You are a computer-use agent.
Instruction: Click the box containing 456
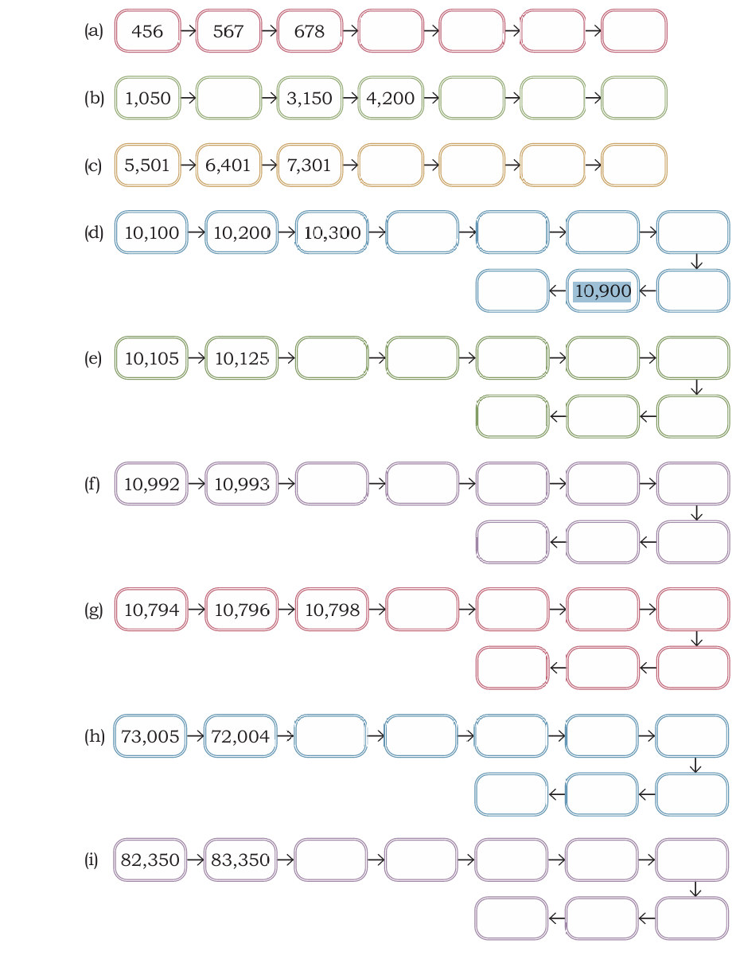[x=147, y=31]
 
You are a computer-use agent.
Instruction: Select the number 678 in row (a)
[x=309, y=31]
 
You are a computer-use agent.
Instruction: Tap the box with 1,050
[x=147, y=98]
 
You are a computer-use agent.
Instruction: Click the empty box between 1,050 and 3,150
[x=228, y=98]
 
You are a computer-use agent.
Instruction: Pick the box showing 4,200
[x=391, y=98]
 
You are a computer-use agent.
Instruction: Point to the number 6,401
[x=228, y=165]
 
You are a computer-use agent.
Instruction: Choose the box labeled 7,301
[x=310, y=165]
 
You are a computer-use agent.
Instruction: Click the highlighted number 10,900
[x=602, y=290]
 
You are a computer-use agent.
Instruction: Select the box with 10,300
[x=332, y=232]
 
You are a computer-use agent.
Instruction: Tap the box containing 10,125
[x=241, y=358]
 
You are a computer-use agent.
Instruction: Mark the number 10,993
[x=241, y=484]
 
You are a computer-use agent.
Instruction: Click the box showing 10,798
[x=332, y=610]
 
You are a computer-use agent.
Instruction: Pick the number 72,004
[x=240, y=736]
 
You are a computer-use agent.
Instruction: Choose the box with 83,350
[x=240, y=860]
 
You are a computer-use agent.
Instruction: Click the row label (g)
[x=93, y=610]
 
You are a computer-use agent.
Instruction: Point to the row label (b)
[x=94, y=98]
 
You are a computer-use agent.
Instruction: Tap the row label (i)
[x=91, y=860]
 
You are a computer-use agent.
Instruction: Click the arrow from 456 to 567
[x=188, y=31]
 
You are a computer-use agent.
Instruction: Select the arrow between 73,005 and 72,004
[x=195, y=735]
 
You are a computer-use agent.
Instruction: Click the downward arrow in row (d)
[x=696, y=262]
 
